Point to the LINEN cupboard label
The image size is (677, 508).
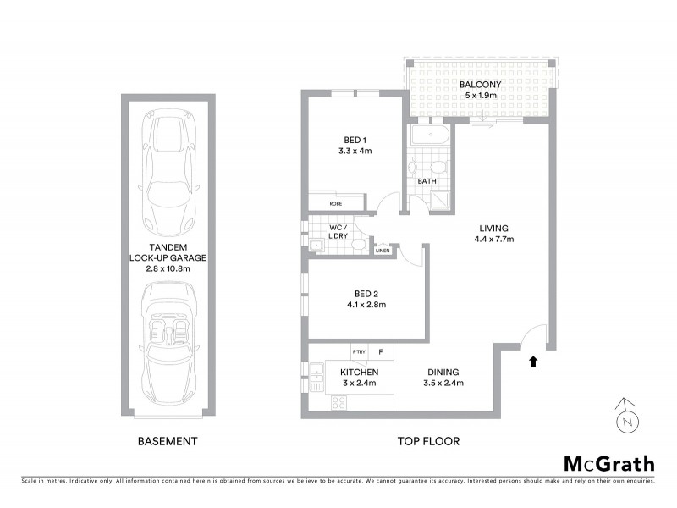coord(383,250)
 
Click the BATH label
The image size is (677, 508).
coord(427,180)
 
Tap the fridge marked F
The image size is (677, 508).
coord(382,351)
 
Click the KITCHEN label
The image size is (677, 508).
coord(359,372)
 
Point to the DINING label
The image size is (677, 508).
coord(443,372)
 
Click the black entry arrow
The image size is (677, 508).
coord(532,362)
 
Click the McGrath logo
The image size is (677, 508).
coord(609,463)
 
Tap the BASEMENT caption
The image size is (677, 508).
coord(168,441)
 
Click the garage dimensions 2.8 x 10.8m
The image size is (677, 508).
coord(168,268)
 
